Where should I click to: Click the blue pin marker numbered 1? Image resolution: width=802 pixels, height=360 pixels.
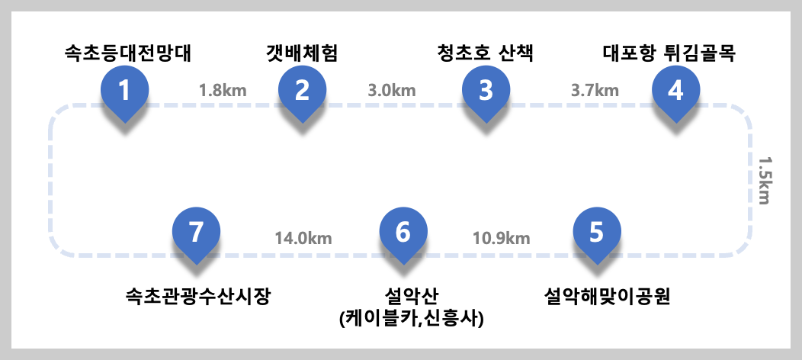coord(124,92)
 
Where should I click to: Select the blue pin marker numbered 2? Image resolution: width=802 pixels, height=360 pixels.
coord(302,92)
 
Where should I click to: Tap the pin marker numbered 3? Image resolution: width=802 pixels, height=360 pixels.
coord(486,92)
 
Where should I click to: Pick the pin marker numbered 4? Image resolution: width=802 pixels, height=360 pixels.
coord(675,92)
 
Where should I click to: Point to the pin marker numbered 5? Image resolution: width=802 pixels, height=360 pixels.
coord(597,233)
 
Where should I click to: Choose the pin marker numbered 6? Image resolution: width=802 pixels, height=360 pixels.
coord(403,233)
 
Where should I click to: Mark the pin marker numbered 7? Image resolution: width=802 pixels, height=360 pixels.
coord(196,233)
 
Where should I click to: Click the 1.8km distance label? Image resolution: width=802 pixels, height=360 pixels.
coord(223,90)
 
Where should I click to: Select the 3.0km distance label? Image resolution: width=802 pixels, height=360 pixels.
coord(392,90)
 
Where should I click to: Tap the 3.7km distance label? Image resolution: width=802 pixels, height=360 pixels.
coord(595,90)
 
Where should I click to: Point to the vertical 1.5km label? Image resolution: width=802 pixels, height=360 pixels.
coord(764,181)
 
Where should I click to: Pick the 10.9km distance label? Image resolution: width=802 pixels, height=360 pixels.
coord(501,238)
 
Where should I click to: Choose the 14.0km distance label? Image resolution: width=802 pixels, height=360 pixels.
coord(303,238)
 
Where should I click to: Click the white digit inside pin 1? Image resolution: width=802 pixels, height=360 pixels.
coord(124,90)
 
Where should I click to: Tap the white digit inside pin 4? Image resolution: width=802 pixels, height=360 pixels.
coord(675,90)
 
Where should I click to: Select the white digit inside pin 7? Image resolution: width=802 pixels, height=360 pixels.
coord(196,232)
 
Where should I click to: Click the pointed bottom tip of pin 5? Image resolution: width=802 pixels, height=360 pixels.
coord(597,264)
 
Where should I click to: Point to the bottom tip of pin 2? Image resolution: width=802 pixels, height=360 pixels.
coord(302,122)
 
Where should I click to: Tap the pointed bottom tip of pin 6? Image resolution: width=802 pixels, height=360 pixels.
coord(403,264)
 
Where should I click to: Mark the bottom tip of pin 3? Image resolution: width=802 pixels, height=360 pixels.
coord(486,122)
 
